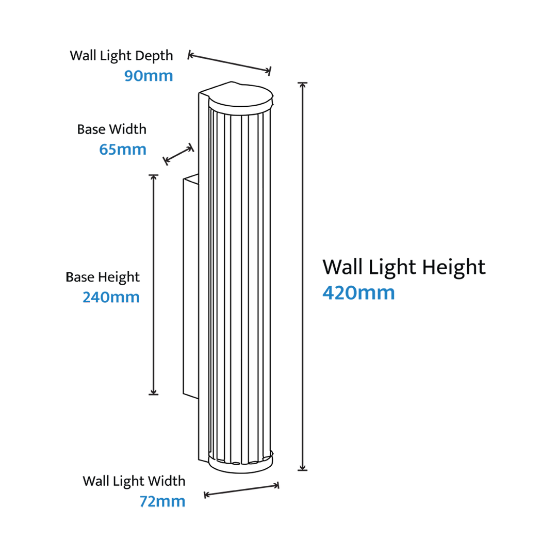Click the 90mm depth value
pyautogui.click(x=149, y=76)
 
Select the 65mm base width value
pyautogui.click(x=123, y=149)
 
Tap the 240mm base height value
pyautogui.click(x=111, y=297)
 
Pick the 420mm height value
pyautogui.click(x=358, y=293)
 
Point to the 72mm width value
pyautogui.click(x=162, y=501)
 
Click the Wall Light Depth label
pyautogui.click(x=121, y=56)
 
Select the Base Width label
pyautogui.click(x=111, y=129)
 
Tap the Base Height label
pyautogui.click(x=103, y=277)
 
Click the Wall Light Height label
pyautogui.click(x=404, y=267)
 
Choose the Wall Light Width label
pyautogui.click(x=134, y=481)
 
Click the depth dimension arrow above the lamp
pyautogui.click(x=230, y=63)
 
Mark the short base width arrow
pyautogui.click(x=178, y=154)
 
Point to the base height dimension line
pyautogui.click(x=154, y=285)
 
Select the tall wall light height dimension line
pyautogui.click(x=302, y=276)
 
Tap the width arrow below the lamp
pyautogui.click(x=241, y=490)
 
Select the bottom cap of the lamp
pyautogui.click(x=241, y=463)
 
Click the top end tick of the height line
pyautogui.click(x=302, y=83)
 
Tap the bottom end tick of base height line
pyautogui.click(x=154, y=394)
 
